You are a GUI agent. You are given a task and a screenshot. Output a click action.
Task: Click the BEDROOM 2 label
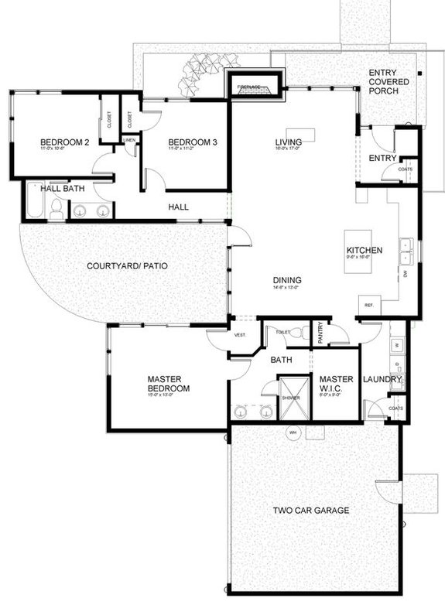[66, 142]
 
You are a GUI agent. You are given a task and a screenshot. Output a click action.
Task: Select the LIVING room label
[288, 142]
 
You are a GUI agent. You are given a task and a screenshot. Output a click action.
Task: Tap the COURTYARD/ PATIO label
[128, 266]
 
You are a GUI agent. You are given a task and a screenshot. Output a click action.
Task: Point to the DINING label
[286, 280]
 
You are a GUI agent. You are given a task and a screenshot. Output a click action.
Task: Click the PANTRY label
[320, 332]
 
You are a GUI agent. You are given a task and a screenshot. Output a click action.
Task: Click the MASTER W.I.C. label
[337, 384]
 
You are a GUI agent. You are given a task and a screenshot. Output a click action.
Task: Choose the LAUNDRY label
[382, 379]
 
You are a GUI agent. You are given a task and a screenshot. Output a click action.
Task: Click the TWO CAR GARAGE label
[312, 511]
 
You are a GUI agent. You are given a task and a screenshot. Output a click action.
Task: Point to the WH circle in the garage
[293, 433]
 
